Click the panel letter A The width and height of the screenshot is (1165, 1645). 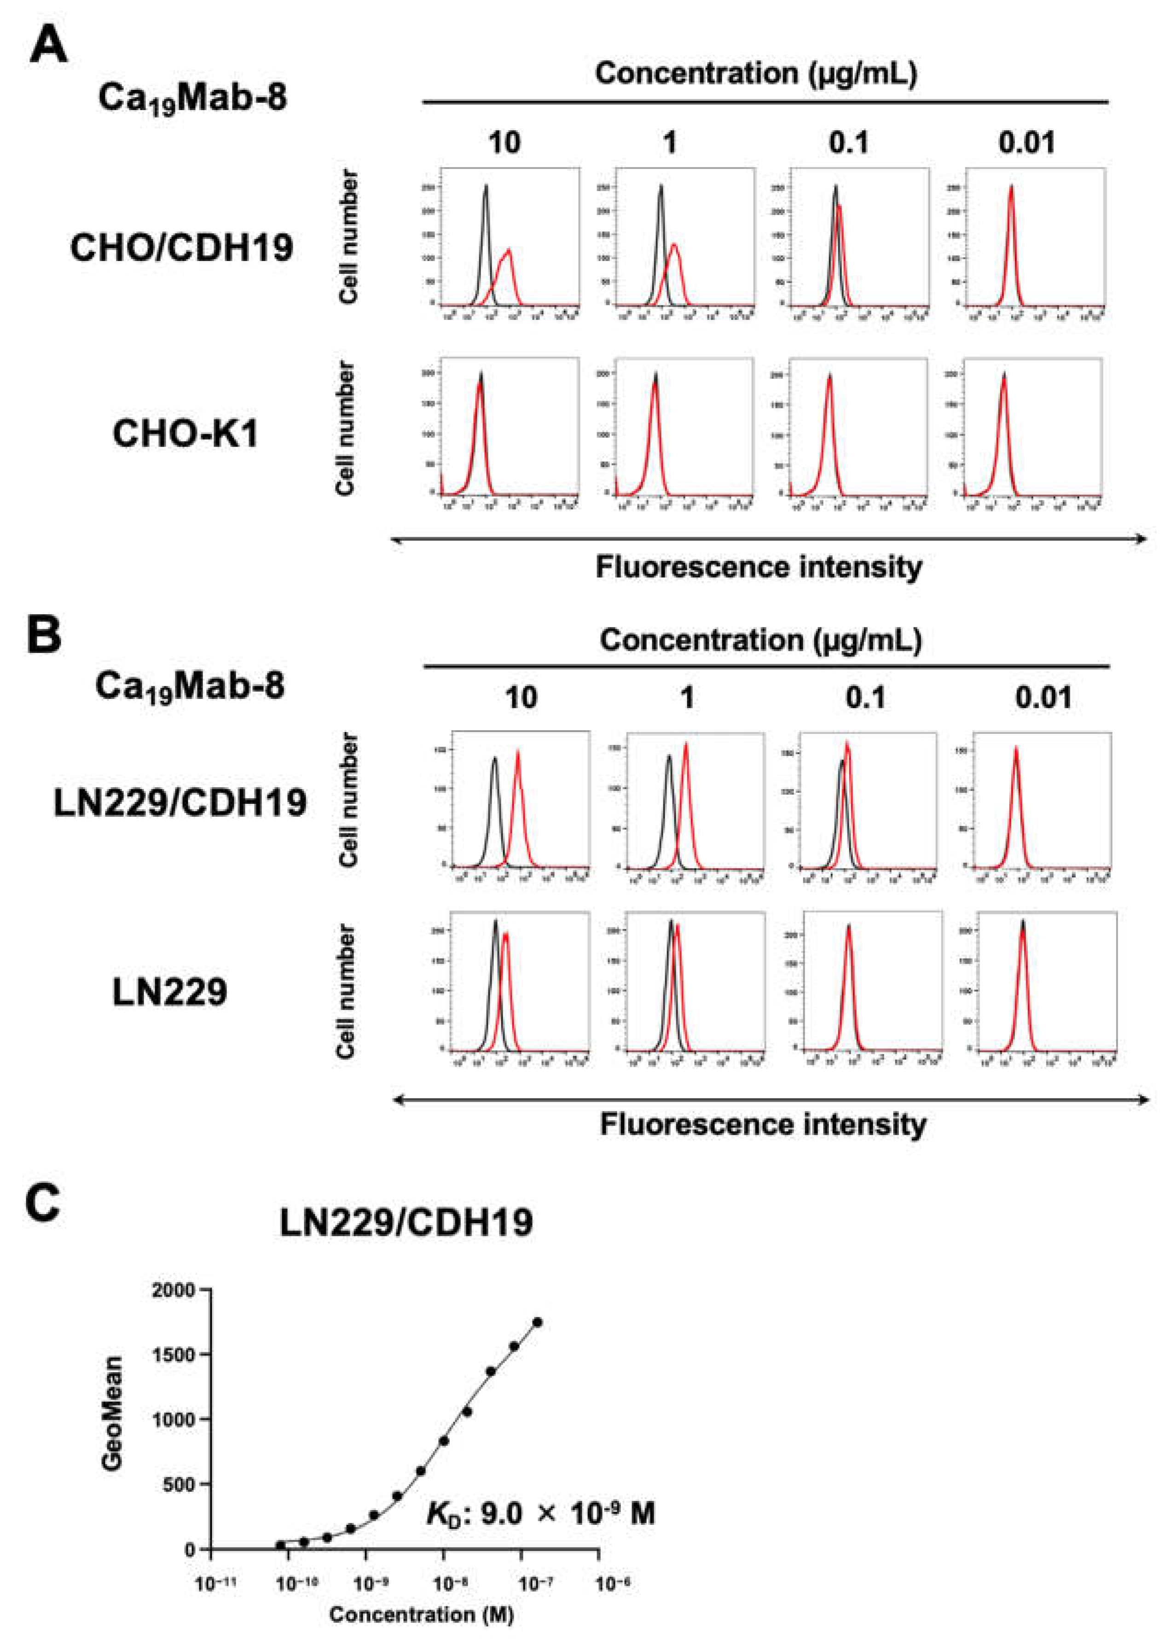tap(49, 45)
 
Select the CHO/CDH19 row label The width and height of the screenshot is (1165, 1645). tap(181, 248)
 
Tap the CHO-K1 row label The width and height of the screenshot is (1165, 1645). tap(185, 434)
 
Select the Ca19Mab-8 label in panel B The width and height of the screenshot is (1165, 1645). tap(190, 686)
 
